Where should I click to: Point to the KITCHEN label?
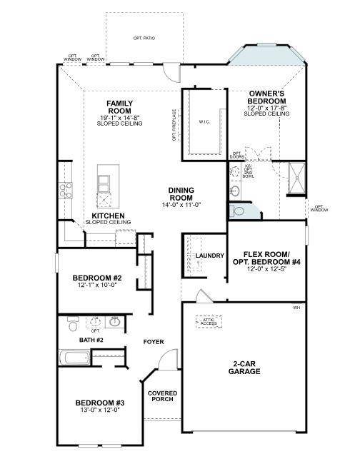(x=109, y=215)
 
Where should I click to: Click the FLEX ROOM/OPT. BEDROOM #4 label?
(x=266, y=258)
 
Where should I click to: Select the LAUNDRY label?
(x=211, y=256)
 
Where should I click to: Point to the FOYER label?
(x=154, y=341)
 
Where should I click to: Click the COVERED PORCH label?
(x=162, y=398)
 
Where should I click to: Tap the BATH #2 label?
(x=91, y=341)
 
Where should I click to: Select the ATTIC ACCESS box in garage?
(x=209, y=321)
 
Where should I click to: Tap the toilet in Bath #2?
(x=72, y=326)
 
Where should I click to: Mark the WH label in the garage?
(x=296, y=308)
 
